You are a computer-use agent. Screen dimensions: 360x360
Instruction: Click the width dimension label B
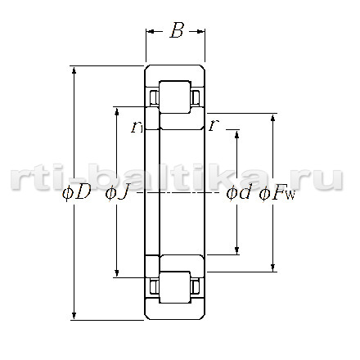pos(177,30)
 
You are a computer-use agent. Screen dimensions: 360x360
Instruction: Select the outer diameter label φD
pos(77,192)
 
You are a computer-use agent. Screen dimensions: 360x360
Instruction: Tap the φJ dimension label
pos(116,193)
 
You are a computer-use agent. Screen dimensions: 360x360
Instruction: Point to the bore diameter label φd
pos(238,192)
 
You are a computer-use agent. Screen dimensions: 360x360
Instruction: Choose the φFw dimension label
pos(277,193)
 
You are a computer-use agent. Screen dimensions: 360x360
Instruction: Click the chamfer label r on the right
pos(214,125)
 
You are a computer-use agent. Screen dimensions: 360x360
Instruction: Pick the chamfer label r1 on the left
pos(137,127)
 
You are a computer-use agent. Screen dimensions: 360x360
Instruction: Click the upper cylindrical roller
pos(175,97)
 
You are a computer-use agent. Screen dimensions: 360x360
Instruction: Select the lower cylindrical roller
pos(175,287)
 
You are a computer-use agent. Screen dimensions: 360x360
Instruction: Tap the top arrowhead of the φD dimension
pos(74,70)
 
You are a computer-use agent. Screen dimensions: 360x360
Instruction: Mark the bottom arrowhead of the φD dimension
pos(74,316)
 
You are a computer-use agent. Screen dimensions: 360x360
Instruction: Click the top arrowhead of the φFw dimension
pos(272,118)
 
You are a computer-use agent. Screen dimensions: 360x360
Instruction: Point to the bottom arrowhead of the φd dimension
pos(236,250)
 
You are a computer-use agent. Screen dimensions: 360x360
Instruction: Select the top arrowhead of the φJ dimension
pos(117,111)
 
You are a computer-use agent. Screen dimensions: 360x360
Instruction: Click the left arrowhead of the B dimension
pos(151,31)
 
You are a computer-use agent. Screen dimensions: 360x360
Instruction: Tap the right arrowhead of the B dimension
pos(200,31)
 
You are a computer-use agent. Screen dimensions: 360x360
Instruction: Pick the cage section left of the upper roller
pos(154,97)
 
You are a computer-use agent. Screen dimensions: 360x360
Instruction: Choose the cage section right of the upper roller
pos(196,97)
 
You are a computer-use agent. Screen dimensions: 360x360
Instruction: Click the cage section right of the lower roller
pos(196,287)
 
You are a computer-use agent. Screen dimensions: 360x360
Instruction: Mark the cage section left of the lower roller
pos(154,287)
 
